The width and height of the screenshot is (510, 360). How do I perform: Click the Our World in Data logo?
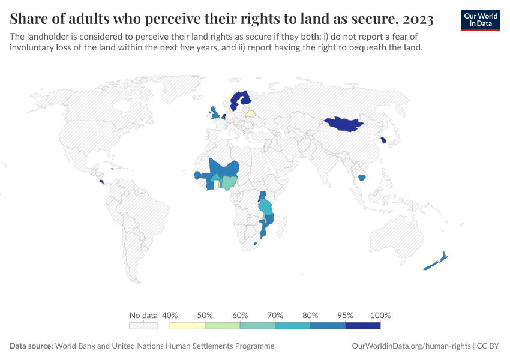[481, 20]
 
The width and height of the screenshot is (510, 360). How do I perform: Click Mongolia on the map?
[344, 124]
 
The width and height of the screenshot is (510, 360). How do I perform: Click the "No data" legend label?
[143, 315]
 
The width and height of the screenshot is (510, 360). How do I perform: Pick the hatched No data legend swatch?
[143, 326]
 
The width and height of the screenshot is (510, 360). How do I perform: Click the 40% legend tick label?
[170, 315]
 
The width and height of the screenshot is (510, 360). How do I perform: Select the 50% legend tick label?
[205, 315]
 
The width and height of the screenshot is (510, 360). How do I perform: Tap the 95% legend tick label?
[345, 315]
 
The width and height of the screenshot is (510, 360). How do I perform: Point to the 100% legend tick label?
[380, 315]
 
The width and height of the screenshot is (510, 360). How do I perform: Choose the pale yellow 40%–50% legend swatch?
[188, 326]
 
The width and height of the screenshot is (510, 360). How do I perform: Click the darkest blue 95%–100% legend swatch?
[363, 326]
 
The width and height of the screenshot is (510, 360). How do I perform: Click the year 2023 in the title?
[416, 19]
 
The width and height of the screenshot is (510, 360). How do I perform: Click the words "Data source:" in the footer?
[31, 346]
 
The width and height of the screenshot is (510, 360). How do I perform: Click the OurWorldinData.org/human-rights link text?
[410, 346]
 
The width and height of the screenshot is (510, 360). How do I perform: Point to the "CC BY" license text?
[488, 346]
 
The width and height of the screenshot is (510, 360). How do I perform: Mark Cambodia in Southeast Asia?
[361, 177]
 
